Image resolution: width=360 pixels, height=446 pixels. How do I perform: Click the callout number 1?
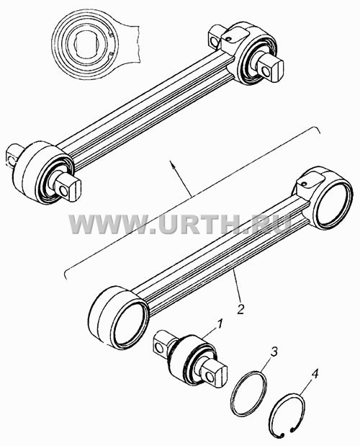[x=220, y=324]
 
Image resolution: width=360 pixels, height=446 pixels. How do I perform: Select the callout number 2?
[x=240, y=308]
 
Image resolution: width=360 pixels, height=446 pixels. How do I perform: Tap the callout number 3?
[x=274, y=352]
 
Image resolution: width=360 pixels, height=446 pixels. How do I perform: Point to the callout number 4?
[x=314, y=375]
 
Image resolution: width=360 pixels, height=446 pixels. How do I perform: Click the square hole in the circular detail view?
[x=86, y=45]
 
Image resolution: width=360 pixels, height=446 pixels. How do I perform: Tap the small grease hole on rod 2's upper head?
[x=304, y=184]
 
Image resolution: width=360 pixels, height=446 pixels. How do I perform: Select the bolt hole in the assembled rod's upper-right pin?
[x=266, y=71]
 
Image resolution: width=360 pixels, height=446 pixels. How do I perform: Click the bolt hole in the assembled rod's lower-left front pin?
[x=64, y=191]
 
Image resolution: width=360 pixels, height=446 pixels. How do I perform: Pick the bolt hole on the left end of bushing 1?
[x=161, y=347]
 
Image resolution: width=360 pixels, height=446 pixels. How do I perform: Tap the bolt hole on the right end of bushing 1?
[x=210, y=378]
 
